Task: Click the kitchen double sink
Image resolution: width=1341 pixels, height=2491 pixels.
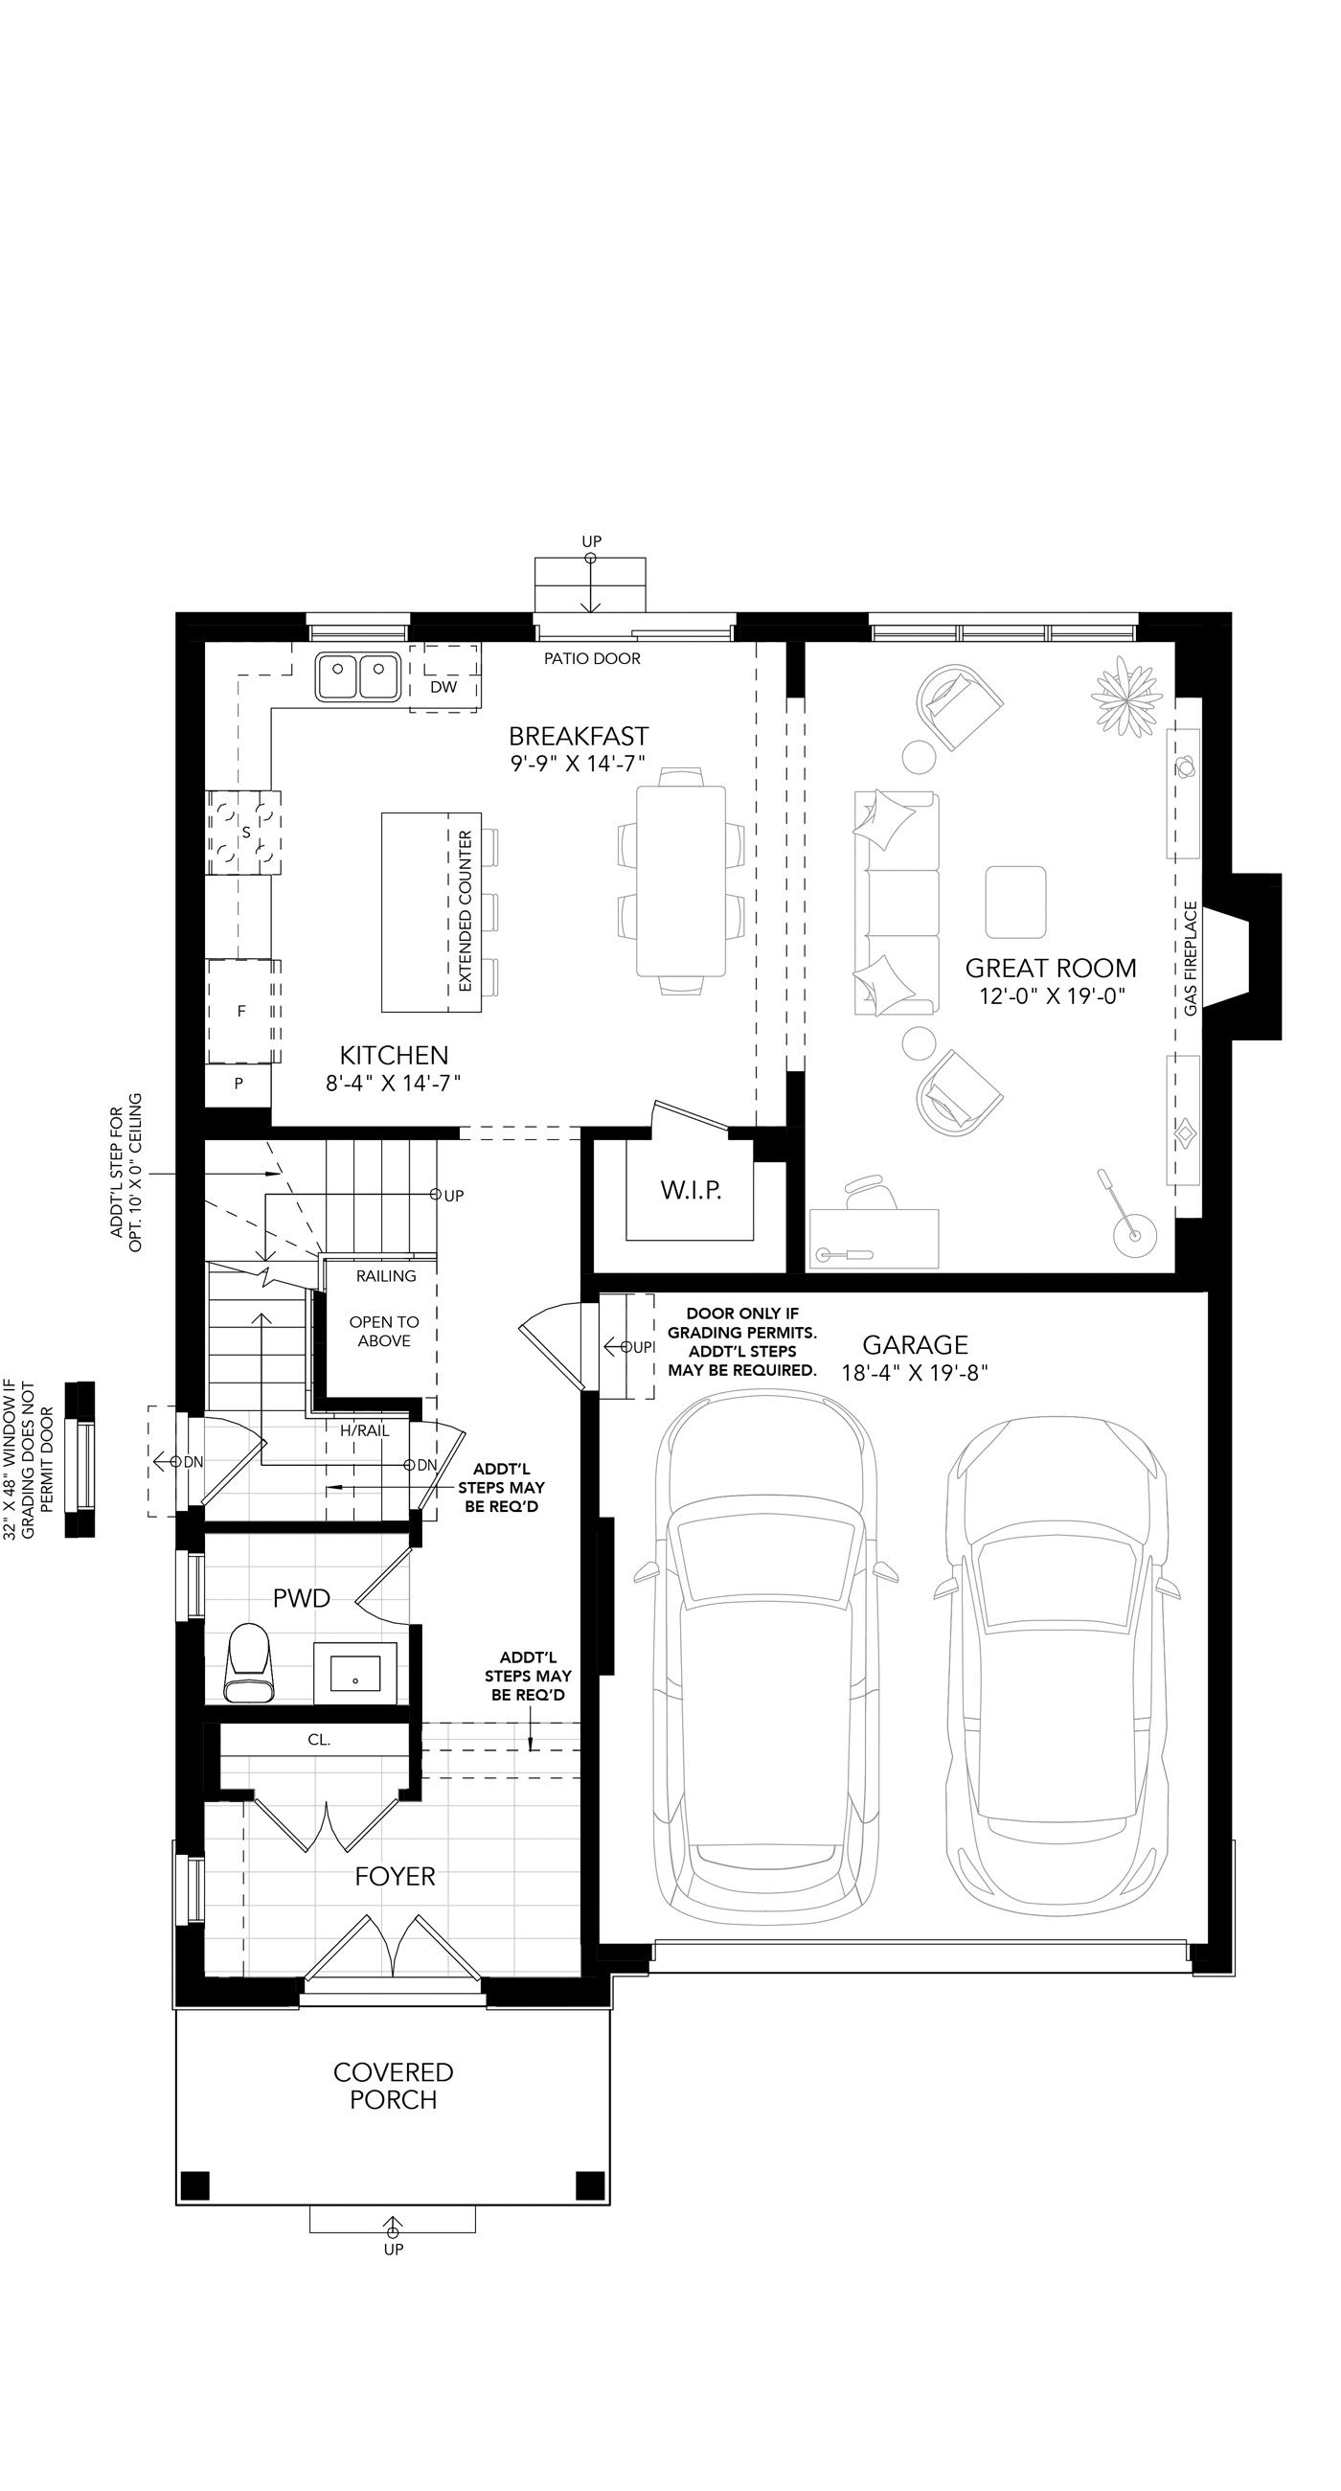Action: (357, 676)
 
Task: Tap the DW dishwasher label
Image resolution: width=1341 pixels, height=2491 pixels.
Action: (443, 687)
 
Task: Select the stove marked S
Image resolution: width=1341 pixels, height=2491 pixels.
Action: (243, 832)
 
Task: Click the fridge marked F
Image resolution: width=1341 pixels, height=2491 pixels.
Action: (242, 1012)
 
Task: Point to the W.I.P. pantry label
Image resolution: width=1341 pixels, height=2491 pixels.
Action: (692, 1189)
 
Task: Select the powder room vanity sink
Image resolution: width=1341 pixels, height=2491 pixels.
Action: (355, 1672)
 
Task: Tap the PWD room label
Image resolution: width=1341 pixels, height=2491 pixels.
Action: (302, 1597)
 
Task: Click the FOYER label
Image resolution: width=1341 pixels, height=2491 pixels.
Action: (395, 1876)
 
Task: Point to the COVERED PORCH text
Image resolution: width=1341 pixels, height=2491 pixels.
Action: (394, 2086)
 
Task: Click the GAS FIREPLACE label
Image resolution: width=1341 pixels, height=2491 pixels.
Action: (1191, 958)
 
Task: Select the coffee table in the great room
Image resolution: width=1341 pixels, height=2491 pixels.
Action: (1015, 902)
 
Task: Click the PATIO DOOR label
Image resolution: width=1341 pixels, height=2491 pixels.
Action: (592, 658)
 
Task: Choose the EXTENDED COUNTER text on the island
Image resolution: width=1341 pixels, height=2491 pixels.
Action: (466, 911)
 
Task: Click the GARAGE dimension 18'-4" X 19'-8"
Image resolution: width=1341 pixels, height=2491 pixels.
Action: (915, 1372)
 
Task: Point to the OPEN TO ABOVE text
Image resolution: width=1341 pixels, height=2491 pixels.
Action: (384, 1332)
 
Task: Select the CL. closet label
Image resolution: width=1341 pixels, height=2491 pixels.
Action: (319, 1740)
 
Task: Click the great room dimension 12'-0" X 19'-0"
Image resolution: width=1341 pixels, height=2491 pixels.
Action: (1052, 996)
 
